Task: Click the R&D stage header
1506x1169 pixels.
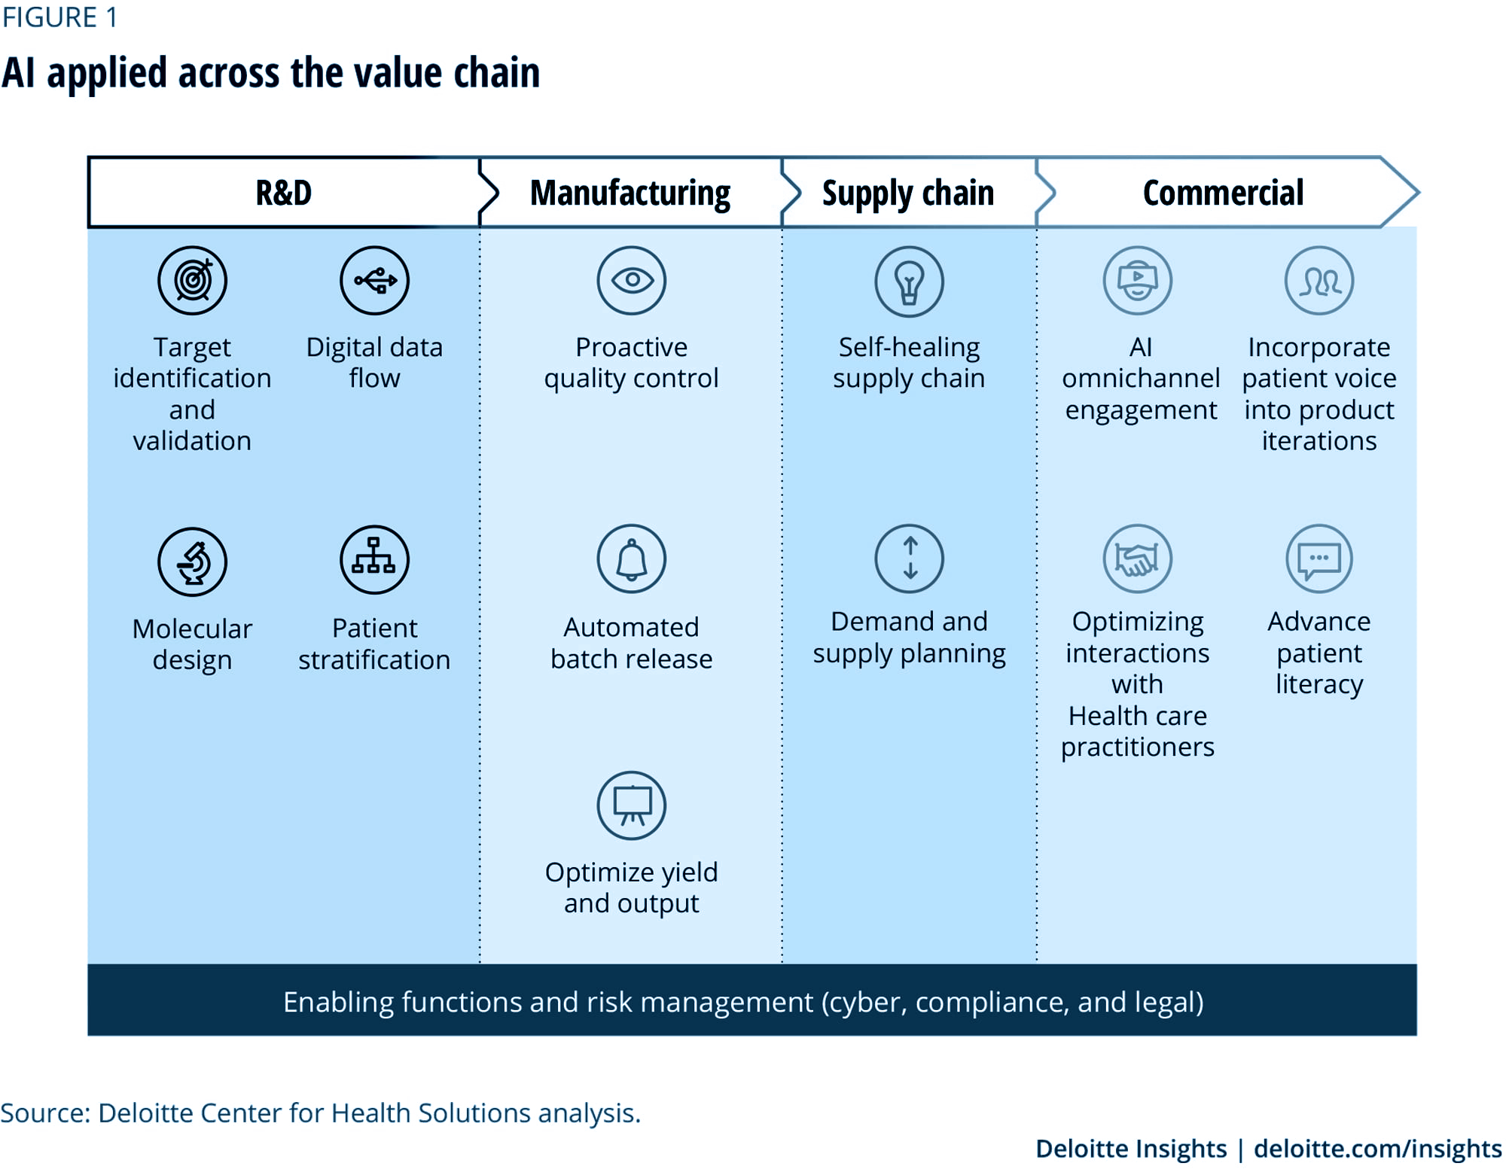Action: pyautogui.click(x=283, y=193)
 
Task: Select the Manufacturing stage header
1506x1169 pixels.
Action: pyautogui.click(x=630, y=193)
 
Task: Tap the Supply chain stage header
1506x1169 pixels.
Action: pyautogui.click(x=908, y=193)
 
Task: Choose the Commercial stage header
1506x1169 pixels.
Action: pyautogui.click(x=1223, y=193)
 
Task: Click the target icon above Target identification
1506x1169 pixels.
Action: pyautogui.click(x=192, y=280)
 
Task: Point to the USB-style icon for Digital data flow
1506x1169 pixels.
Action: pyautogui.click(x=374, y=280)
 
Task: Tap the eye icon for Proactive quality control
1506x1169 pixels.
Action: pyautogui.click(x=632, y=280)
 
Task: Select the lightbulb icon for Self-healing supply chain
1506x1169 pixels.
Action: pyautogui.click(x=909, y=282)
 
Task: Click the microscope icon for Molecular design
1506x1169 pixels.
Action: pyautogui.click(x=192, y=562)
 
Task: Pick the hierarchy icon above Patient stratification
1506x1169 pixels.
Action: pyautogui.click(x=374, y=559)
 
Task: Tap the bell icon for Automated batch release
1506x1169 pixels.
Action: pyautogui.click(x=632, y=559)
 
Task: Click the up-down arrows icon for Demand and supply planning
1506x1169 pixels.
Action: pyautogui.click(x=909, y=559)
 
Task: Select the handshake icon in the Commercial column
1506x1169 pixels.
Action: pyautogui.click(x=1138, y=559)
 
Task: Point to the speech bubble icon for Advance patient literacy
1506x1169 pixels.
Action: pyautogui.click(x=1319, y=559)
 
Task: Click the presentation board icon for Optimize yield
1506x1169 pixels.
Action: pyautogui.click(x=632, y=805)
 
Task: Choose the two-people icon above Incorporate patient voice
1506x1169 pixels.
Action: pyautogui.click(x=1319, y=280)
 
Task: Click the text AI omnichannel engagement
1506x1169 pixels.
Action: pyautogui.click(x=1141, y=379)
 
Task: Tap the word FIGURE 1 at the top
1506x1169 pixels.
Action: pyautogui.click(x=59, y=17)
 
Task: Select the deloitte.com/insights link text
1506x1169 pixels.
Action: pyautogui.click(x=1378, y=1149)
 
